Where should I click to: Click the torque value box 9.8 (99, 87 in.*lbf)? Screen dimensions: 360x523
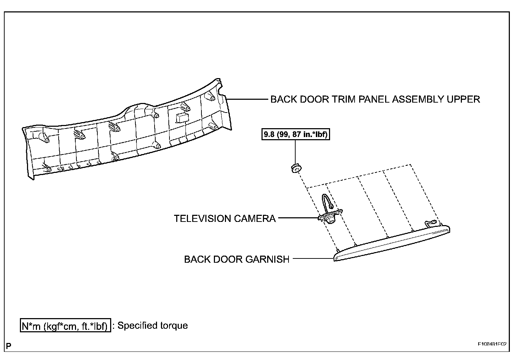tap(296, 135)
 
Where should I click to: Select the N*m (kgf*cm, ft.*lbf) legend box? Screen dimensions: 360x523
tap(65, 326)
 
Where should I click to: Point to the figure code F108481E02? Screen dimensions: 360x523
tap(492, 344)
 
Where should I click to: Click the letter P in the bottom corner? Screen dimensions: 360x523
tap(9, 345)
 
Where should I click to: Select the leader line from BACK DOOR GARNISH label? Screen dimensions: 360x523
tap(313, 259)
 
